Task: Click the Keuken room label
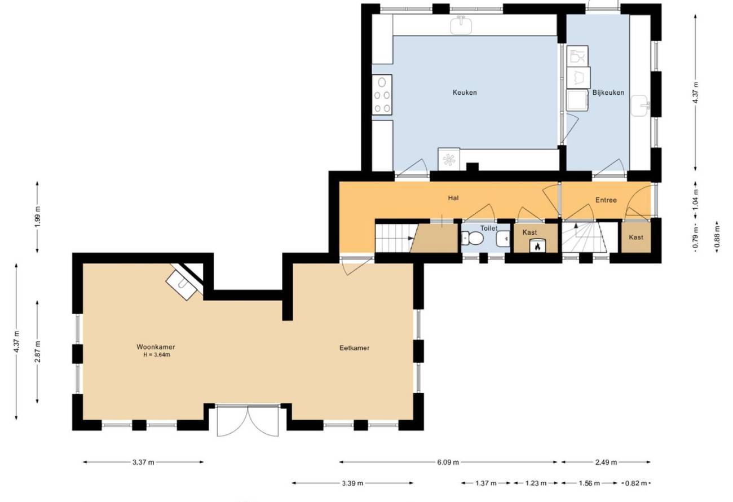coord(465,93)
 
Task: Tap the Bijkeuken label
coord(608,93)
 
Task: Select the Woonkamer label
coord(156,347)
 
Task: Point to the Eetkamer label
coord(355,348)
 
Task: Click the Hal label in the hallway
coord(453,198)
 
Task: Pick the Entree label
coord(606,200)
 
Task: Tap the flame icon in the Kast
coord(537,246)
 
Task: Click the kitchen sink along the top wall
coord(461,25)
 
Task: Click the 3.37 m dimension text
coord(143,462)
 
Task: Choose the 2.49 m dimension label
coord(606,462)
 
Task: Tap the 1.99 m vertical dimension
coord(37,217)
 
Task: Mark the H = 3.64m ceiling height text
coord(156,355)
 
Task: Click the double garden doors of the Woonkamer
coord(248,420)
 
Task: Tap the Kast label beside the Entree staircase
coord(636,237)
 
